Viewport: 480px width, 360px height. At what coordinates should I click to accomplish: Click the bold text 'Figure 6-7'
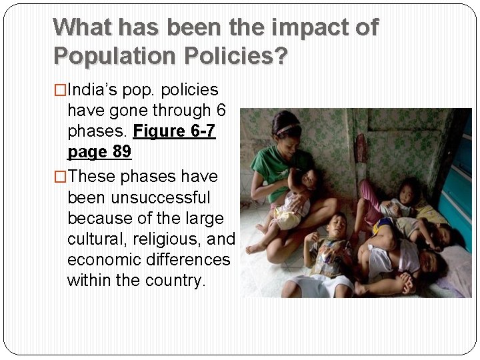coord(174,131)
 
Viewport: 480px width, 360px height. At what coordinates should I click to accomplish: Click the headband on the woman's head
coord(287,129)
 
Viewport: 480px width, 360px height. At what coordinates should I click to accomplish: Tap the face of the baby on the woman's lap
coord(307,179)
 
